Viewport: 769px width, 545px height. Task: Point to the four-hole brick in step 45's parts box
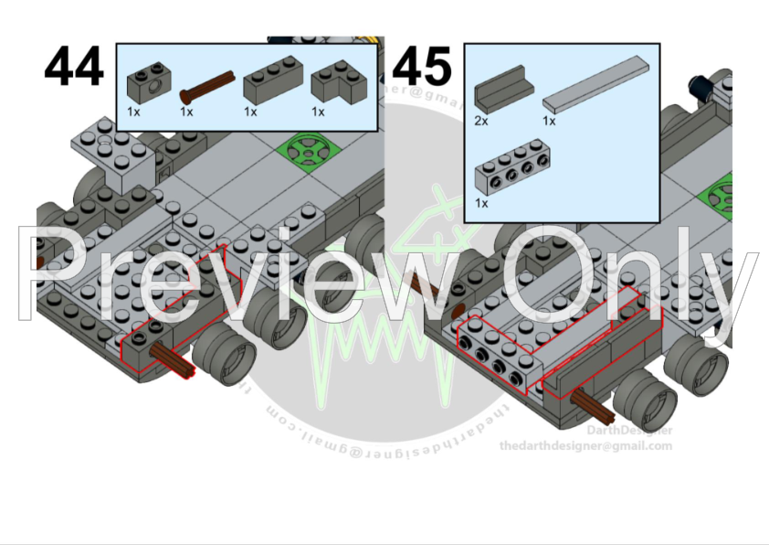[509, 174]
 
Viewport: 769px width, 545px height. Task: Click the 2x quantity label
[481, 121]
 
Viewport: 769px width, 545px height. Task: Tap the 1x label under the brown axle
[186, 112]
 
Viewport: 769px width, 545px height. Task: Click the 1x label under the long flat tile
[549, 121]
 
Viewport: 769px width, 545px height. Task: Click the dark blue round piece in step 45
[701, 87]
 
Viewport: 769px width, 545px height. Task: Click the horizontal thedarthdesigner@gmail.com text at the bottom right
[585, 446]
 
